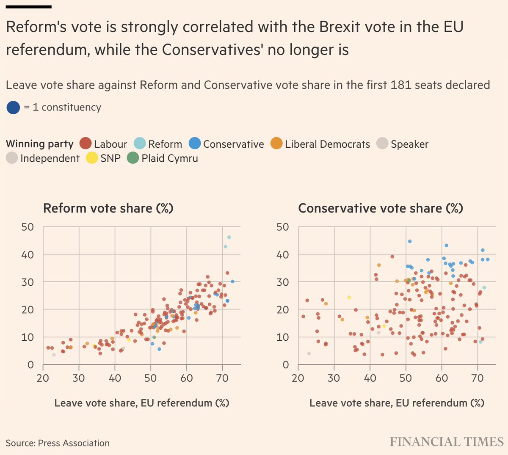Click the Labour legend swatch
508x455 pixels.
[x=86, y=144]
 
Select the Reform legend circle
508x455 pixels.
[x=140, y=144]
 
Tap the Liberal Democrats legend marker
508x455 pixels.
[x=277, y=144]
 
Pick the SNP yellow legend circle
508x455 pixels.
[x=92, y=158]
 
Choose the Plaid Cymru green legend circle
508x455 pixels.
[x=133, y=158]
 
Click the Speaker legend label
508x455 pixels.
[x=409, y=144]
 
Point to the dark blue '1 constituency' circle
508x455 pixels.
[x=13, y=108]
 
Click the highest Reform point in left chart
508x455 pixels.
[x=229, y=237]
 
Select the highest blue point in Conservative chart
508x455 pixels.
[x=409, y=241]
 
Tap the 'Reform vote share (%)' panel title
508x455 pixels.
[x=108, y=208]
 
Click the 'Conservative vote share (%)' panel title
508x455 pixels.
[x=381, y=208]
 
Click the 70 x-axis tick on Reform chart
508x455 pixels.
[x=223, y=378]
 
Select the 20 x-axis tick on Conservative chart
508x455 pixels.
[x=298, y=378]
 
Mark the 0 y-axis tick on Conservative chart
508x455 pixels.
[x=286, y=364]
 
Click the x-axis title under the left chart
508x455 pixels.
[x=141, y=403]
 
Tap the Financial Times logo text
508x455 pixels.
[x=447, y=442]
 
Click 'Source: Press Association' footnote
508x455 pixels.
[x=58, y=443]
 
